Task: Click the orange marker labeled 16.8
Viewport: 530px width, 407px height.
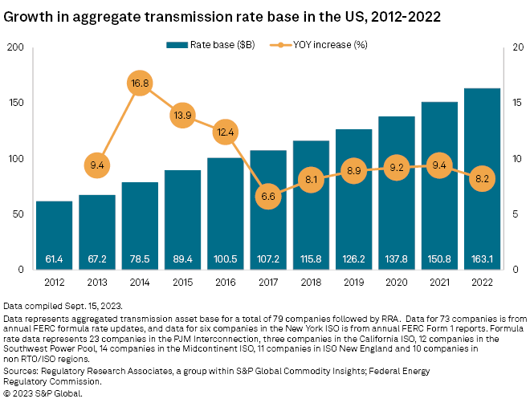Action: click(x=140, y=83)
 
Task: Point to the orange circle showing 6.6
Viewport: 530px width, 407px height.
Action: click(x=268, y=196)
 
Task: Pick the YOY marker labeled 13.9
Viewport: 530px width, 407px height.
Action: click(x=182, y=115)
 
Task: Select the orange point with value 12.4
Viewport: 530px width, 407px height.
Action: click(x=225, y=132)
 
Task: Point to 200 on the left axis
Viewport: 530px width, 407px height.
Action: click(x=14, y=47)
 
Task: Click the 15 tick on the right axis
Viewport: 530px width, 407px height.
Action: click(x=519, y=103)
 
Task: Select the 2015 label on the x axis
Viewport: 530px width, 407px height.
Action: click(x=182, y=283)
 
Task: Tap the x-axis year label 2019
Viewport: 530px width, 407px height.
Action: click(x=353, y=283)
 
